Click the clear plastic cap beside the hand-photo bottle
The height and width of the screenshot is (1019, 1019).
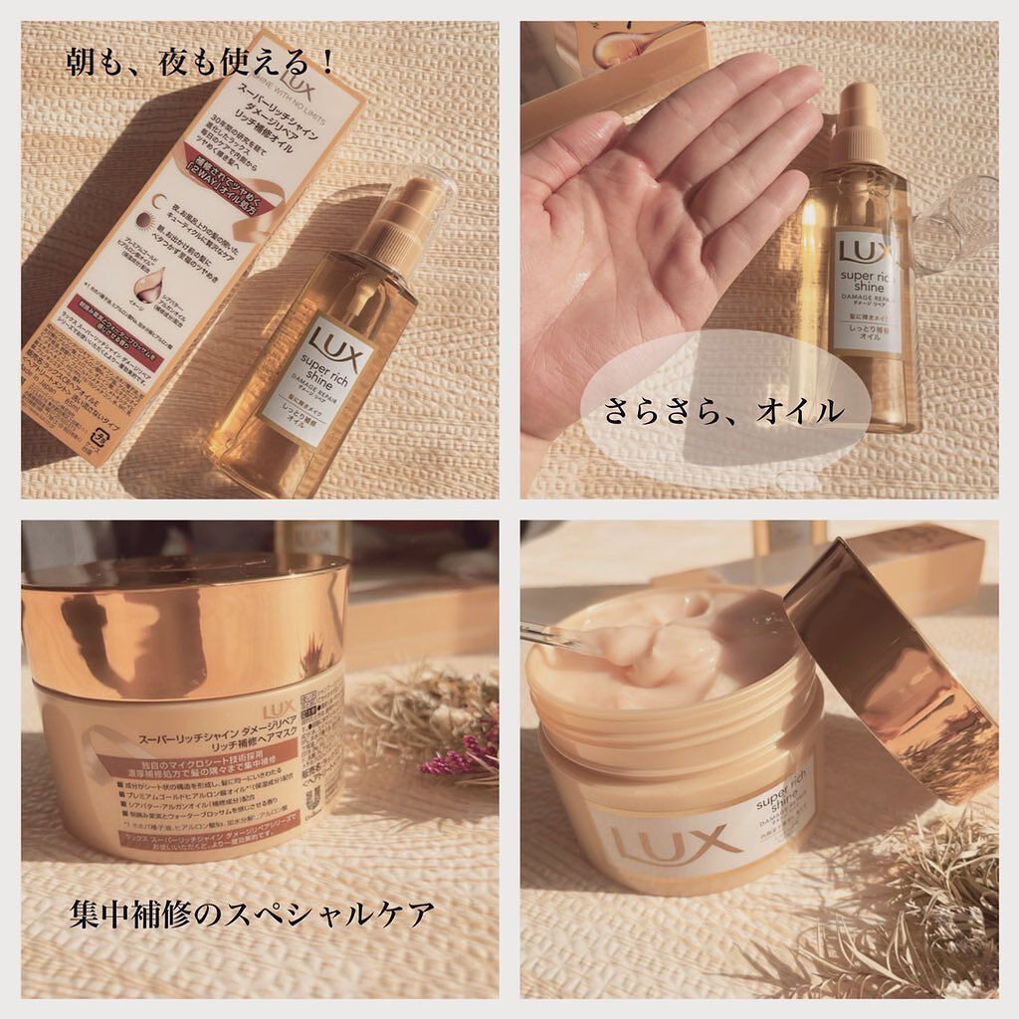(x=955, y=225)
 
